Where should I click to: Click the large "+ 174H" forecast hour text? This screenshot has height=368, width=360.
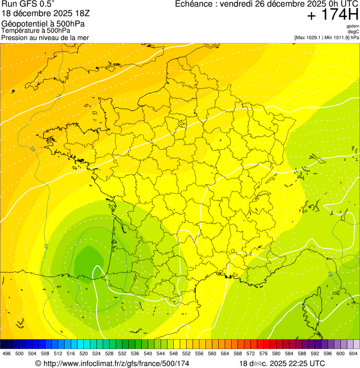click(332, 15)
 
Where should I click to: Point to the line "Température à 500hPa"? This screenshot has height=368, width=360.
click(36, 30)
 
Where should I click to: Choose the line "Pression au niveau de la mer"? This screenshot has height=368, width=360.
click(45, 37)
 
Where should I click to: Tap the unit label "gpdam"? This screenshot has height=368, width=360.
click(353, 26)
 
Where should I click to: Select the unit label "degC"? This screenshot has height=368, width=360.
click(353, 31)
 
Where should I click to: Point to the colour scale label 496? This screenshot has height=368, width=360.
click(7, 353)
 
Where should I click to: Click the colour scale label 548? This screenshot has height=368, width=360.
click(173, 353)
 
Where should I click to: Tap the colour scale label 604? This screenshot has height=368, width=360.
click(353, 353)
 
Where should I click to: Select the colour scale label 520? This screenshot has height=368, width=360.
click(83, 353)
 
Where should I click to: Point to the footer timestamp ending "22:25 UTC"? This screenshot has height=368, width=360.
click(282, 363)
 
